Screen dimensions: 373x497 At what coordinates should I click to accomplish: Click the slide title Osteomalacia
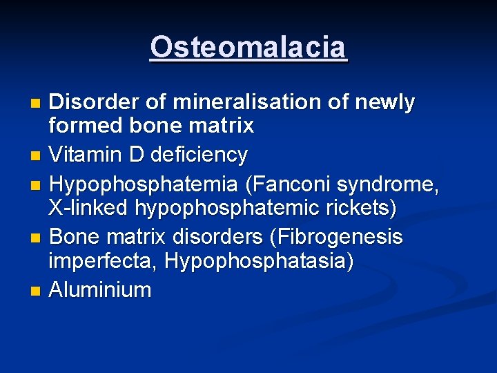(248, 48)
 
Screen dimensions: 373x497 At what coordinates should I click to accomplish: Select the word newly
(384, 102)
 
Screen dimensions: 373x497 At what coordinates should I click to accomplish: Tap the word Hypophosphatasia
(258, 260)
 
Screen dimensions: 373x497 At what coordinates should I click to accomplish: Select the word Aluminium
(101, 289)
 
